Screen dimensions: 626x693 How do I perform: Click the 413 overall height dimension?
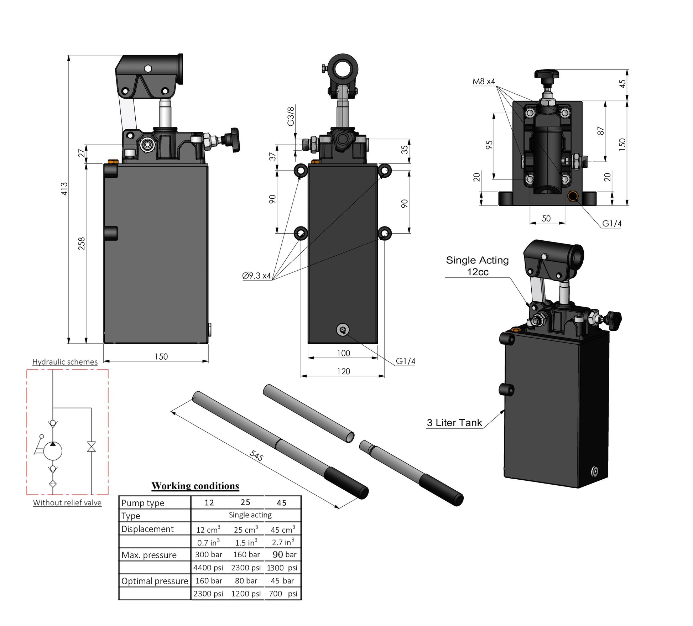(64, 189)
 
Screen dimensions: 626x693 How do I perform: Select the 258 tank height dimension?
(82, 244)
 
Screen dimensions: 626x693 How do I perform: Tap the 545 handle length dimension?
(256, 455)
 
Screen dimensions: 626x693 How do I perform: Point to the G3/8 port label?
(291, 116)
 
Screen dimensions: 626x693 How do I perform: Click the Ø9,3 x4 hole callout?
(256, 276)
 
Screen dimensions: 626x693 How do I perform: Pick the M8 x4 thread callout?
(484, 82)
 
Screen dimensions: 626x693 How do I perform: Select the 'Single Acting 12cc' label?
(477, 266)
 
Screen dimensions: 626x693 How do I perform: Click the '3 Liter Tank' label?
(454, 423)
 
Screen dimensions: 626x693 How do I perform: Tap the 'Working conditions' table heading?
(195, 486)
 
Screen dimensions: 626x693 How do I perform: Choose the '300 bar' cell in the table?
(209, 555)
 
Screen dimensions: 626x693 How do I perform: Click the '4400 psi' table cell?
(208, 568)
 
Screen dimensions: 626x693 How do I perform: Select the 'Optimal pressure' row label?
(155, 581)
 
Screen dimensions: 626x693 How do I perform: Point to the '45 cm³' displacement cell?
(283, 530)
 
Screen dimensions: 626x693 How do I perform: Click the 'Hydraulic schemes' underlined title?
(65, 362)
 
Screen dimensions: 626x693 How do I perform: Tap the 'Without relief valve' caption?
(67, 503)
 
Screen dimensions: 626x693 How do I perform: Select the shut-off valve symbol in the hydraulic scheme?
(92, 447)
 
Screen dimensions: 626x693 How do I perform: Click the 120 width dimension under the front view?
(343, 371)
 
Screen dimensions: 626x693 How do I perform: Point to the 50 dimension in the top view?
(546, 218)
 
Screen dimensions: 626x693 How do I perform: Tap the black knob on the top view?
(546, 74)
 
